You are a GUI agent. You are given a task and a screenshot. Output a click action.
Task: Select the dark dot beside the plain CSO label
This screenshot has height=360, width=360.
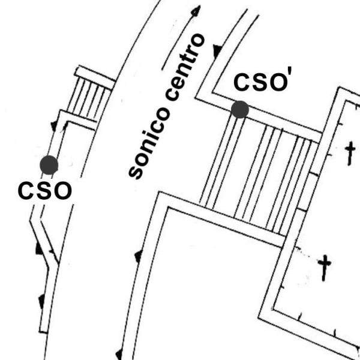[49, 164]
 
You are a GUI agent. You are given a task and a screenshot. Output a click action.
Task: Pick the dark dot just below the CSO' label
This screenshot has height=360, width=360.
[240, 109]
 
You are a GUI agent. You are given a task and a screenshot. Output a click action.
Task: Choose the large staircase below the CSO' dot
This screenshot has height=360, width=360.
[258, 174]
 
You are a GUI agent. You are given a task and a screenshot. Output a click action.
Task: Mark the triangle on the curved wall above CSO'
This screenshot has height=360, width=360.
[217, 49]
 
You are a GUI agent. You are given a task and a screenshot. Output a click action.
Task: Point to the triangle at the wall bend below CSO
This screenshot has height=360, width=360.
[40, 246]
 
